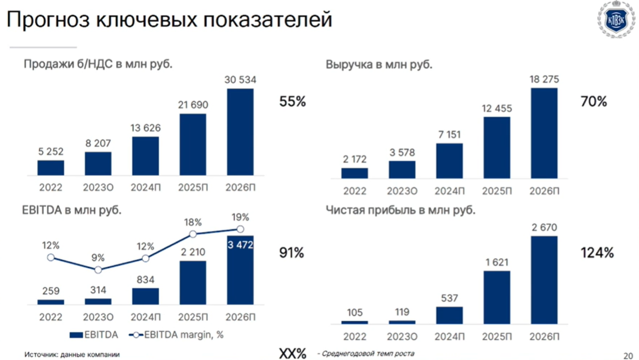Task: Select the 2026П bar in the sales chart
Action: (241, 131)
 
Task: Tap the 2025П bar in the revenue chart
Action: (497, 147)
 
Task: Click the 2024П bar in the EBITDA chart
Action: (146, 296)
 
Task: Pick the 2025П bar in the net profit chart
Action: (497, 297)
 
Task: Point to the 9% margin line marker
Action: (98, 269)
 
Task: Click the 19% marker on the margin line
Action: (240, 229)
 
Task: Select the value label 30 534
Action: (241, 80)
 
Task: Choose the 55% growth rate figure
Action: (292, 101)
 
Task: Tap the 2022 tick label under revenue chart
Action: (355, 191)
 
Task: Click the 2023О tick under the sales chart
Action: (98, 187)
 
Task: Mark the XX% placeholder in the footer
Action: (292, 353)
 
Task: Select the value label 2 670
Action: (544, 227)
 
